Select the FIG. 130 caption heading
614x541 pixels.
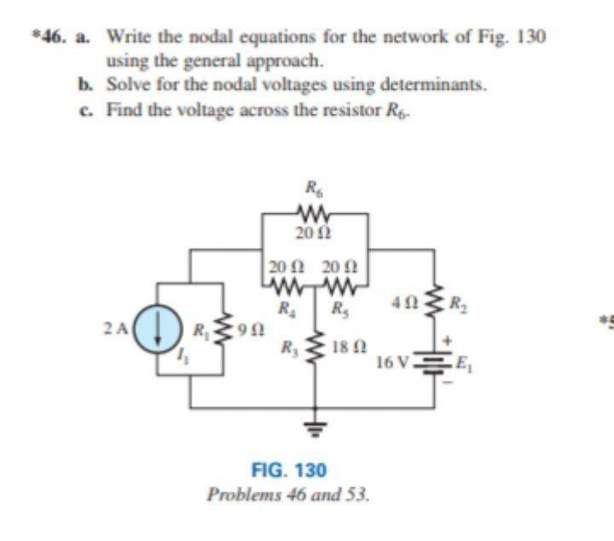coord(289,470)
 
